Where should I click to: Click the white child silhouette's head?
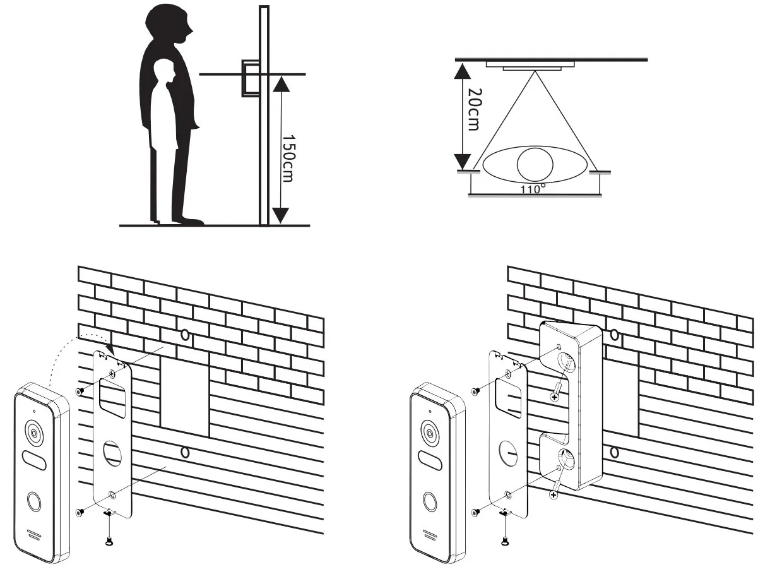click(x=164, y=71)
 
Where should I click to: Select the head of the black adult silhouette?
click(x=168, y=24)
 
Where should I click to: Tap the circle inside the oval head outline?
click(x=534, y=164)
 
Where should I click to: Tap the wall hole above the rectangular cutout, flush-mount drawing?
click(x=184, y=335)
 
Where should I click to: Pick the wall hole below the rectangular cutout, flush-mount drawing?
click(x=184, y=452)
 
